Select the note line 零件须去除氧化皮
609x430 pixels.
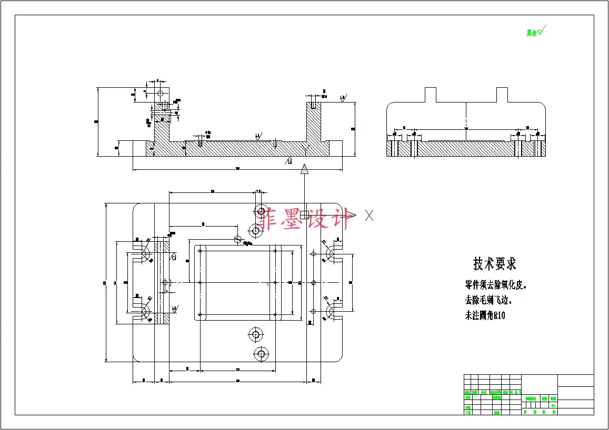pyautogui.click(x=495, y=285)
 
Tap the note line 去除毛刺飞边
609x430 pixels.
pyautogui.click(x=488, y=301)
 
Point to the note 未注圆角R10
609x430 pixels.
pyautogui.click(x=485, y=316)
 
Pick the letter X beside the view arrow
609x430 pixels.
pyautogui.click(x=370, y=214)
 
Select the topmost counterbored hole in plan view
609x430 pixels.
pyautogui.click(x=261, y=211)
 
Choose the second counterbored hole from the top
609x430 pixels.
pyautogui.click(x=255, y=230)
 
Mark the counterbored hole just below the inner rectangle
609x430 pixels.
pyautogui.click(x=256, y=334)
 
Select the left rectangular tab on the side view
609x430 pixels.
pyautogui.click(x=431, y=95)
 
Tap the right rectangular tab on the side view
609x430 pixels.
pyautogui.click(x=502, y=95)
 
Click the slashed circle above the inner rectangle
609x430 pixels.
pyautogui.click(x=238, y=240)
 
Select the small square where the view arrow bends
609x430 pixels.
pyautogui.click(x=304, y=214)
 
